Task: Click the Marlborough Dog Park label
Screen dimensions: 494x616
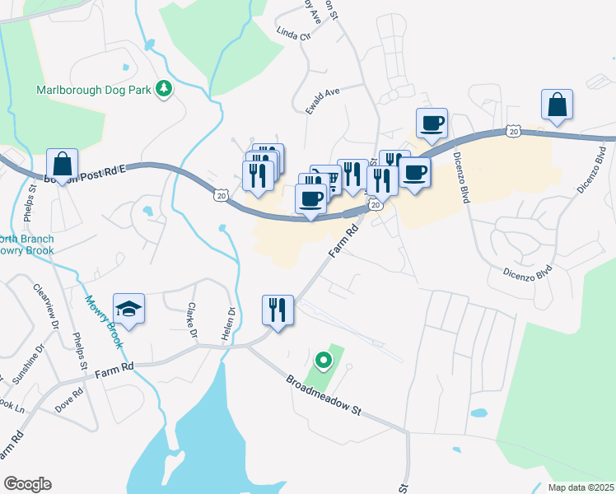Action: [x=93, y=89]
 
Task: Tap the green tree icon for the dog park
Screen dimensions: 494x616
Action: [x=164, y=89]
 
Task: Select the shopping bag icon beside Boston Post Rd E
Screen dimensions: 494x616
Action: [x=63, y=165]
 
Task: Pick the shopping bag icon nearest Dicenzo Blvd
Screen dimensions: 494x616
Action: [x=557, y=105]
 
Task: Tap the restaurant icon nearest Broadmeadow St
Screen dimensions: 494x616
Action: [x=278, y=311]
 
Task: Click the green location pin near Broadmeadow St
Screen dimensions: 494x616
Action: [x=324, y=360]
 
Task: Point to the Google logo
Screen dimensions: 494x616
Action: [x=27, y=484]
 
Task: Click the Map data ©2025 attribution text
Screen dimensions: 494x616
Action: [x=581, y=487]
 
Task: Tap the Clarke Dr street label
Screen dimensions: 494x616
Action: [x=191, y=321]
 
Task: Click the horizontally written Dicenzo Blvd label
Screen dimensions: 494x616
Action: [x=527, y=273]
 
